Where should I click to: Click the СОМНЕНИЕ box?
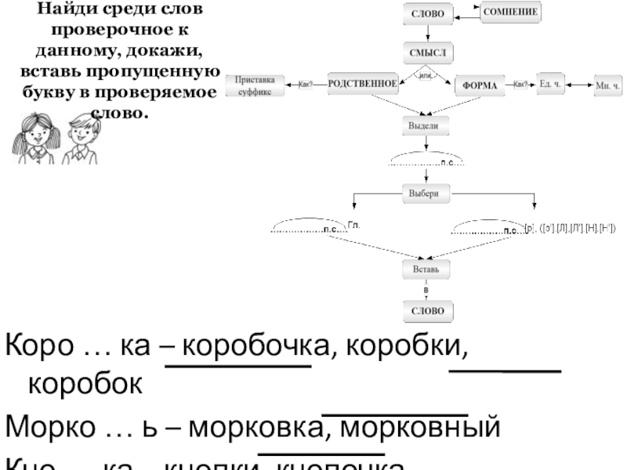pos(514,13)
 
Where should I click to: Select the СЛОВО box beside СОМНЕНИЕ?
pos(427,13)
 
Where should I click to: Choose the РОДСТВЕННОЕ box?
pos(362,85)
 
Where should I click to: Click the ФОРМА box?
pos(480,85)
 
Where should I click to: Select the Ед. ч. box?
pos(551,85)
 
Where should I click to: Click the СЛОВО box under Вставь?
pos(427,311)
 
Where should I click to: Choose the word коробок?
pos(86,385)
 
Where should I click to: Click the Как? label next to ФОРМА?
pos(520,85)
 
